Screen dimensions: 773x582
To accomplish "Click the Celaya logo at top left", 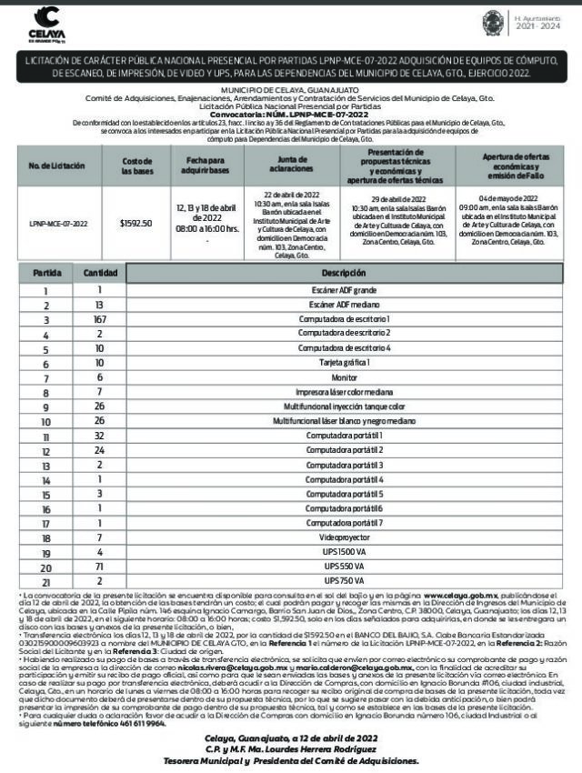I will [x=44, y=22].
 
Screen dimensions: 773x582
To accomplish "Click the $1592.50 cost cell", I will [x=135, y=222].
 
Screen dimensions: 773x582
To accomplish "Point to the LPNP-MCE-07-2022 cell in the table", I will [x=58, y=222].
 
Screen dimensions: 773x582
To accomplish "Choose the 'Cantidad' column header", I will [x=100, y=273].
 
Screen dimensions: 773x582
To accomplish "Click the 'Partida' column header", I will [x=46, y=273].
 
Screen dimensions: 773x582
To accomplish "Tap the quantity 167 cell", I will [x=100, y=320].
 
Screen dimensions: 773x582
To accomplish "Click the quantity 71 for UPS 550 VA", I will [x=100, y=567].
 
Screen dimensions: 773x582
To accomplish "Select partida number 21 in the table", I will [x=46, y=581].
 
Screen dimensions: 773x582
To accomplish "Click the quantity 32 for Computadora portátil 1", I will [x=100, y=436].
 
